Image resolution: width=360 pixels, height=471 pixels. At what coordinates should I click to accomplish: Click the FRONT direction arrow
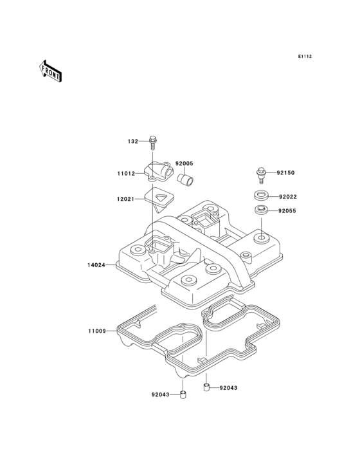coord(50,71)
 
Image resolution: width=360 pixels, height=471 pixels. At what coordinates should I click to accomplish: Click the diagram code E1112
coord(305,56)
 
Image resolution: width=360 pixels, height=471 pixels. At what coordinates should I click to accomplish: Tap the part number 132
coord(133,141)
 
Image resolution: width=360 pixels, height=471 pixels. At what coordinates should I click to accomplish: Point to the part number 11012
coord(126,173)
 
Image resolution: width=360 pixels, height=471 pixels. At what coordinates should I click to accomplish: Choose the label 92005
coord(184,163)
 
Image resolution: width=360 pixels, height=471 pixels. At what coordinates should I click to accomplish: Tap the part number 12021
coord(126,199)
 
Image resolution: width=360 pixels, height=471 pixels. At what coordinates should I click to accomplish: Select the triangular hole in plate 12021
coord(161,198)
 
